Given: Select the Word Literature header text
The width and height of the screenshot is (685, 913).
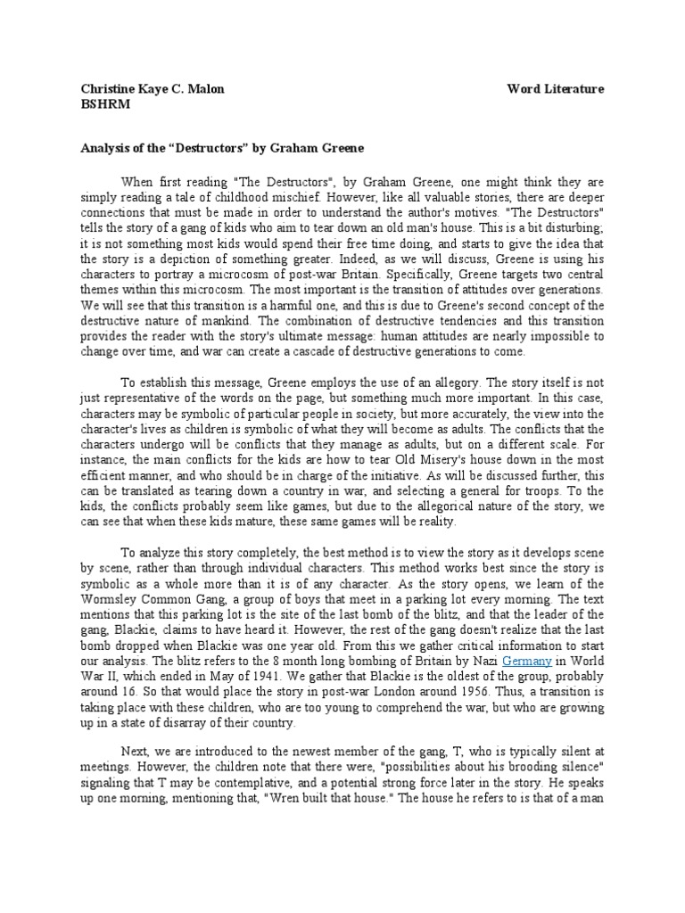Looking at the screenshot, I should click(x=556, y=89).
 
